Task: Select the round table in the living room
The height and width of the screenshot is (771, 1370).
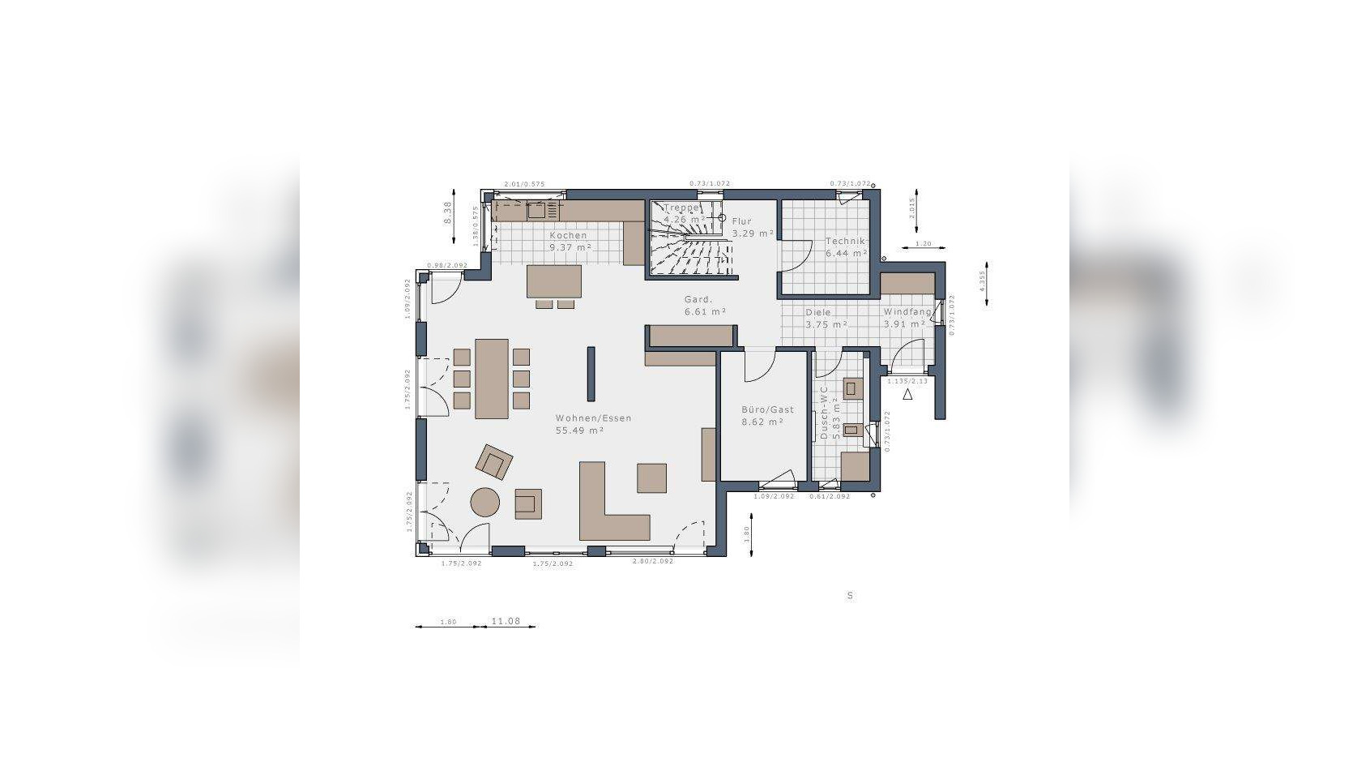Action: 486,502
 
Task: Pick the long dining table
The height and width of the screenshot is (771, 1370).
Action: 491,379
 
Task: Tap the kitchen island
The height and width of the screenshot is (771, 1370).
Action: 554,281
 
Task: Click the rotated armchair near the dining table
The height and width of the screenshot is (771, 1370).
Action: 494,462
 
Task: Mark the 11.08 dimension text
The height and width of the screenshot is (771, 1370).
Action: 506,621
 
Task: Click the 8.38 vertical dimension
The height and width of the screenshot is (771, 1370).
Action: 446,212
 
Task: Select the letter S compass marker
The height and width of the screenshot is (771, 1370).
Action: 850,596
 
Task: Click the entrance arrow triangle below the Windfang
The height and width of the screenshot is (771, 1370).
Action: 907,394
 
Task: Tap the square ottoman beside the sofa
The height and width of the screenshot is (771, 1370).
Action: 651,478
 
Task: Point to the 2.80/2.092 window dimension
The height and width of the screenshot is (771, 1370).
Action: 652,562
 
